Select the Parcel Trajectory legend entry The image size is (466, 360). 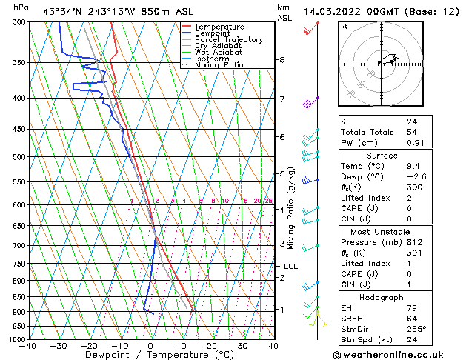coord(228,40)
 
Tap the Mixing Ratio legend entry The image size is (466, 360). coord(219,65)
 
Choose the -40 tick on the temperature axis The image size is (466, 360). coord(28,345)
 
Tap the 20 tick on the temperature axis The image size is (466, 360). coord(212,345)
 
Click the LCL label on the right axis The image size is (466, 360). coord(290,266)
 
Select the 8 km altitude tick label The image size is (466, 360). coord(282,60)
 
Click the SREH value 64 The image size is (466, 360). coord(412,319)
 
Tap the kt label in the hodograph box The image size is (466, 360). coord(344,27)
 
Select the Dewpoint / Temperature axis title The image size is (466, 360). coord(150,356)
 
